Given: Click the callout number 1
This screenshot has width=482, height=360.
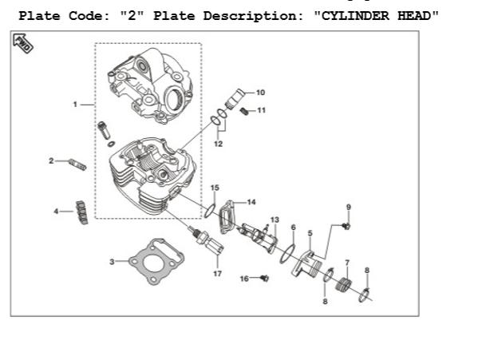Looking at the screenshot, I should click(x=75, y=105).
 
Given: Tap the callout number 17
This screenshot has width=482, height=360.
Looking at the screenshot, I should click(x=216, y=274).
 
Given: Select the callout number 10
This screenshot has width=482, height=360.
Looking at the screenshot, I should click(x=260, y=93).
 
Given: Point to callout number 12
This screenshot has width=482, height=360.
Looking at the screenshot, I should click(x=218, y=144).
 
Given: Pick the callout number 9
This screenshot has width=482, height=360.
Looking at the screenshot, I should click(x=348, y=208).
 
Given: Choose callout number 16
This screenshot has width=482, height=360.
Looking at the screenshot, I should click(x=244, y=279).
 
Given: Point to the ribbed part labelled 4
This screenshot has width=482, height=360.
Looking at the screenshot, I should click(x=81, y=211).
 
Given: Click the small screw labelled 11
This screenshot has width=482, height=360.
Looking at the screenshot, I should click(x=246, y=111).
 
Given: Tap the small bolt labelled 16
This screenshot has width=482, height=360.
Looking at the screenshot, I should click(x=264, y=278).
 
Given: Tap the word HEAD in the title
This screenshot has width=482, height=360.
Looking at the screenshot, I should click(x=417, y=16).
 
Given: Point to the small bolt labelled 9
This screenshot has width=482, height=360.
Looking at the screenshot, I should click(x=346, y=226).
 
